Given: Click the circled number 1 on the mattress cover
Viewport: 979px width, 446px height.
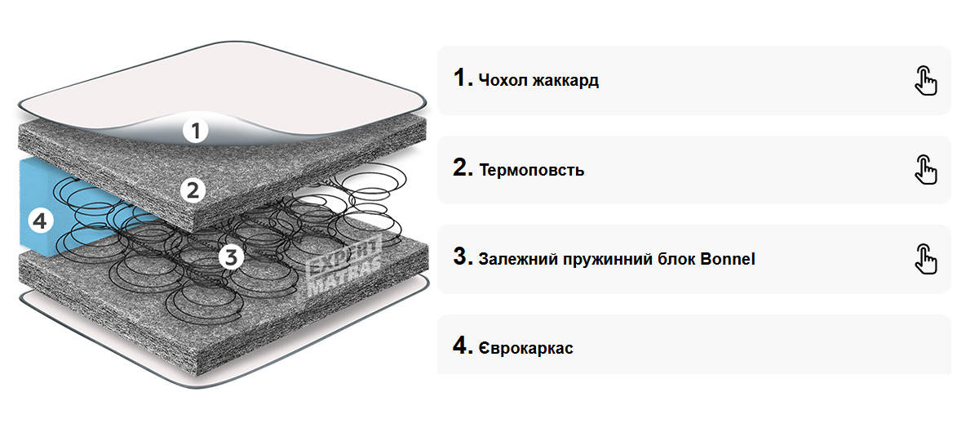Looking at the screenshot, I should pyautogui.click(x=196, y=130).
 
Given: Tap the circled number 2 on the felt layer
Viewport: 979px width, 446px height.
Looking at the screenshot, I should pyautogui.click(x=193, y=190).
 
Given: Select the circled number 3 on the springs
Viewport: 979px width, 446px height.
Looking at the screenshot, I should pyautogui.click(x=231, y=256).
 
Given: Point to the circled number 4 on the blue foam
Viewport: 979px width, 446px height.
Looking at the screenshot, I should pyautogui.click(x=40, y=220).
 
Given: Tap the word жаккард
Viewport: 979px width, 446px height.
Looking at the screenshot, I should pyautogui.click(x=565, y=81).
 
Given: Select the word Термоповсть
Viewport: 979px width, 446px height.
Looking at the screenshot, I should pyautogui.click(x=531, y=171).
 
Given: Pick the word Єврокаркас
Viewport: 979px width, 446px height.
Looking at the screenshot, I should pyautogui.click(x=526, y=349).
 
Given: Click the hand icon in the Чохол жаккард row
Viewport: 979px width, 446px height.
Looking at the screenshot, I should pyautogui.click(x=925, y=80).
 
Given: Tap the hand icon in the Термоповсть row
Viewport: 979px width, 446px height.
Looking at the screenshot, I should pyautogui.click(x=925, y=169).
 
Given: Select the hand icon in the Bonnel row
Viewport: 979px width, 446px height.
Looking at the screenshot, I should pyautogui.click(x=925, y=258).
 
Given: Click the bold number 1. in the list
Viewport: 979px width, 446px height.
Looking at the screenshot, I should pyautogui.click(x=463, y=78).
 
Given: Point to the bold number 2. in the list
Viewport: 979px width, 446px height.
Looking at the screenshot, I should pyautogui.click(x=463, y=168).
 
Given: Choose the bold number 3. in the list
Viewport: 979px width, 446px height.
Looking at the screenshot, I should pyautogui.click(x=463, y=257).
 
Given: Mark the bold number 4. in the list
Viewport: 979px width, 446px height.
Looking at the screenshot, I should pyautogui.click(x=463, y=346).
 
